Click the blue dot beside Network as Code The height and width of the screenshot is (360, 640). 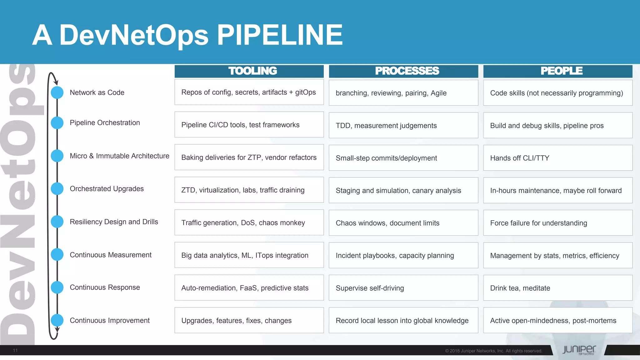pyautogui.click(x=57, y=92)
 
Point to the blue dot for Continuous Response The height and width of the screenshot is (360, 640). pyautogui.click(x=57, y=287)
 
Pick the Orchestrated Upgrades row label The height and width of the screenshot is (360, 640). pyautogui.click(x=107, y=189)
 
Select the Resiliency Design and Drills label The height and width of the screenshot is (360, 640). pyautogui.click(x=114, y=222)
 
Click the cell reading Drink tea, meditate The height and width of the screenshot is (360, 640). pyautogui.click(x=558, y=288)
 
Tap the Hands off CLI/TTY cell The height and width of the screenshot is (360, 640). pyautogui.click(x=558, y=158)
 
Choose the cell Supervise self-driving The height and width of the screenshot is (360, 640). pyautogui.click(x=403, y=288)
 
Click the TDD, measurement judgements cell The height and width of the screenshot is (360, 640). pyautogui.click(x=403, y=125)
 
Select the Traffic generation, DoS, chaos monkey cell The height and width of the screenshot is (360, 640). pyautogui.click(x=249, y=222)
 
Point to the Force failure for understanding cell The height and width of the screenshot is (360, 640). pyautogui.click(x=558, y=223)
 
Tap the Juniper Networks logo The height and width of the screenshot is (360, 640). pyautogui.click(x=579, y=350)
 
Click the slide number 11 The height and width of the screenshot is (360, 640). pyautogui.click(x=15, y=350)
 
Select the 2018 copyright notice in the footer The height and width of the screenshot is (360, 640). pyautogui.click(x=493, y=351)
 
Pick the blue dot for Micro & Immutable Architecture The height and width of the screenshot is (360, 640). pyautogui.click(x=57, y=156)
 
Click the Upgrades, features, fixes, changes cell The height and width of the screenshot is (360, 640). pyautogui.click(x=249, y=320)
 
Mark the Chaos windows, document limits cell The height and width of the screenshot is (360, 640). pyautogui.click(x=403, y=223)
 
